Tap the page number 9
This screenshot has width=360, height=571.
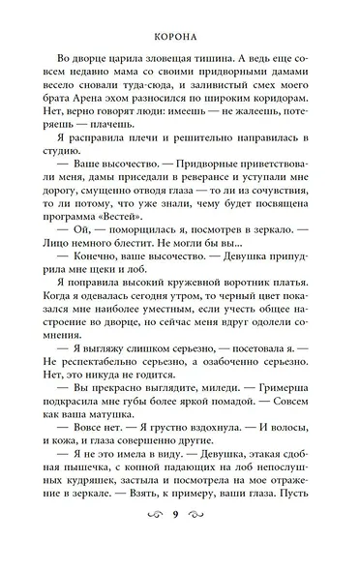pyautogui.click(x=181, y=542)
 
